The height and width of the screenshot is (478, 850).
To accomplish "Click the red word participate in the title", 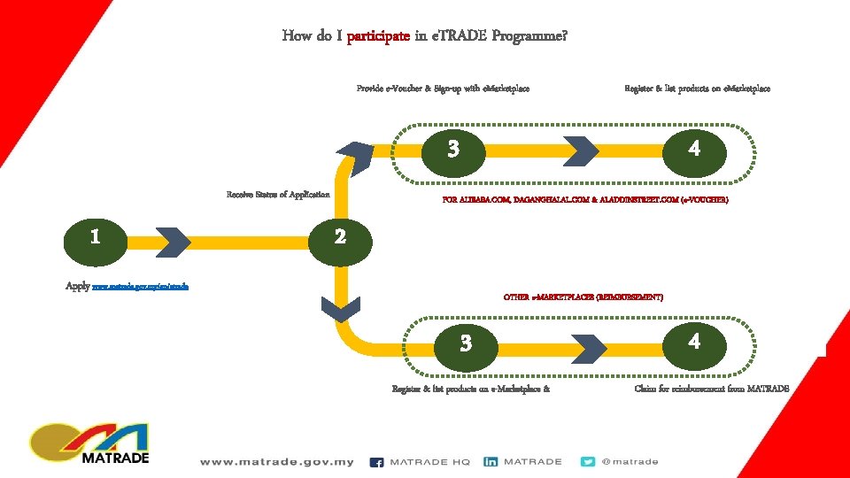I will [378, 36].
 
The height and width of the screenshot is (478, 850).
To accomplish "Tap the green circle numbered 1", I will [95, 238].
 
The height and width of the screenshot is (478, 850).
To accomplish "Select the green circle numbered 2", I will [339, 238].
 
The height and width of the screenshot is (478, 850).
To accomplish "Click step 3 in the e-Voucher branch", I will [453, 149].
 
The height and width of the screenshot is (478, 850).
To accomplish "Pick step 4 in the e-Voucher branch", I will [694, 149].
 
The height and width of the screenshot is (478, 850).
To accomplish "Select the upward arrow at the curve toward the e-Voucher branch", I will [358, 157].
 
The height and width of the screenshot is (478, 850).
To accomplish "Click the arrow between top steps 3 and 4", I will [582, 150].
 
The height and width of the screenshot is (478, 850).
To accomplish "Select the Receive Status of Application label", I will [278, 195].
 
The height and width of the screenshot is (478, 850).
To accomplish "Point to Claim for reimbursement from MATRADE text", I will [711, 389].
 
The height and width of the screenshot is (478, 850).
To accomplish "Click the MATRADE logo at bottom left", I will [89, 443].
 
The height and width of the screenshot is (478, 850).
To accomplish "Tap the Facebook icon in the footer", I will [376, 462].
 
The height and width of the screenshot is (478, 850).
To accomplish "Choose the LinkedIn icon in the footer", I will [490, 462].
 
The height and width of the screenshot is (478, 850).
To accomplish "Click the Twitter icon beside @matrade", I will [588, 462].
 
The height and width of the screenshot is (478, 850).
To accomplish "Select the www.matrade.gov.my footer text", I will [276, 462].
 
